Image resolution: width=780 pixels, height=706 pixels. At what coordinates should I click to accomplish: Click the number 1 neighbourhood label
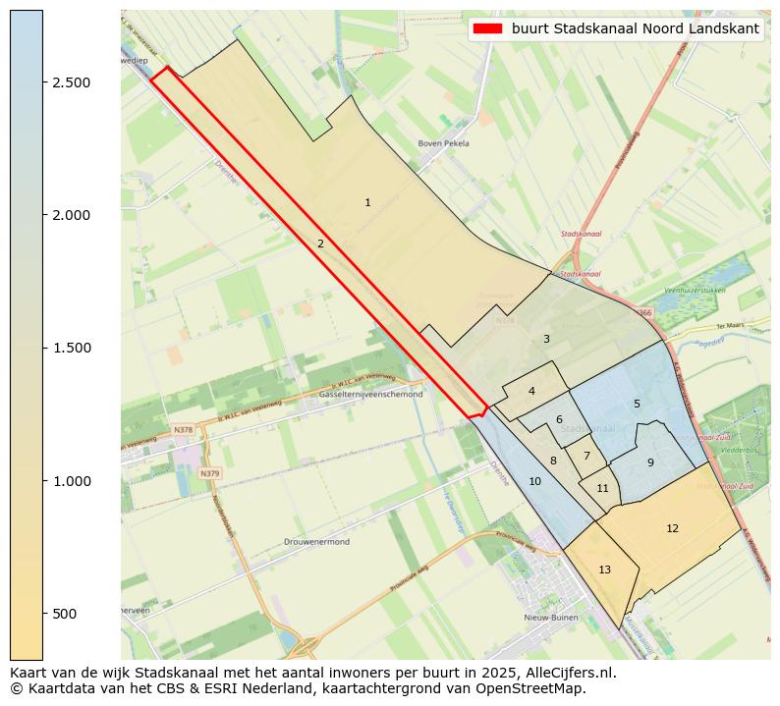coord(367,203)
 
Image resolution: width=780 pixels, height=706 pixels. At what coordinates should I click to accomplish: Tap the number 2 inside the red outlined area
coord(320,244)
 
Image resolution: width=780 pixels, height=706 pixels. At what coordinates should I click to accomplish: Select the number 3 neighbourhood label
coord(546,340)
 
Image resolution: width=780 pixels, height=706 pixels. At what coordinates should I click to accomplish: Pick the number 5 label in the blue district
coord(637,404)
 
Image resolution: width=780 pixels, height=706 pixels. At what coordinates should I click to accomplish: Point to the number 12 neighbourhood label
coord(672,529)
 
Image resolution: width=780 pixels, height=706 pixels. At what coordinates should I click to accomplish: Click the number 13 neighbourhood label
coord(604,570)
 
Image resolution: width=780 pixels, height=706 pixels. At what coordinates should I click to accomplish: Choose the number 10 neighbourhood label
coord(534,482)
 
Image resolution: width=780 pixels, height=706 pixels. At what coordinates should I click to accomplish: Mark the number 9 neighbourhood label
coord(650,462)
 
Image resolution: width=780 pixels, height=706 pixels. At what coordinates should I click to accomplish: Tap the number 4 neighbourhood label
coord(531,391)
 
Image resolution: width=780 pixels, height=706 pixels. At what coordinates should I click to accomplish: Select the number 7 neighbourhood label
coord(586,456)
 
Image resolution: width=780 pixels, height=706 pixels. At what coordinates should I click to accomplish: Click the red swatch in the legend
coord(486,29)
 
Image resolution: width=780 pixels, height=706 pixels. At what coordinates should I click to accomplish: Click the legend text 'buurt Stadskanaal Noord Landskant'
coord(636,29)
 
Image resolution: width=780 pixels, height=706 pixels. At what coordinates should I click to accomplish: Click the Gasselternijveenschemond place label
coord(371,395)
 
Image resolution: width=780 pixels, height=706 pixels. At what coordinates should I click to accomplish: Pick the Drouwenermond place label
coord(316,542)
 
